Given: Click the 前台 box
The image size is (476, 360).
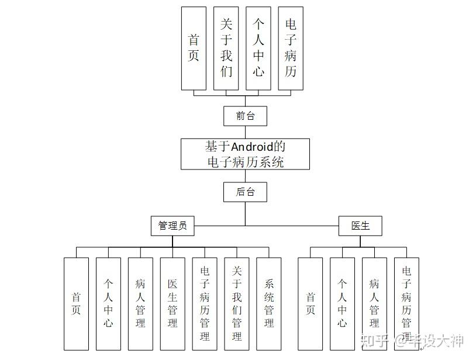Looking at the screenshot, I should pos(245,116).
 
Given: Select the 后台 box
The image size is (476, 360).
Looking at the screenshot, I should pos(245,192).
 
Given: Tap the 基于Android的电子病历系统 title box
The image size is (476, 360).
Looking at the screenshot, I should pos(245,154).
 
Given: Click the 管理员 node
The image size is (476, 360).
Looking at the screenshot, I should pos(173,225).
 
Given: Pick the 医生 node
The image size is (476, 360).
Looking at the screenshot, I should pos(360,225).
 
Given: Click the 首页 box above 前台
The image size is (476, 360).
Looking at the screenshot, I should pos(194,48).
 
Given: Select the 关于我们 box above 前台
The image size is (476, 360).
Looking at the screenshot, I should pos(226,48).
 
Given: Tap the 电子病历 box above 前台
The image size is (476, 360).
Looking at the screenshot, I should pos(291,48).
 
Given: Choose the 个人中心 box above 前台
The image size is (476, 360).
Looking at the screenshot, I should pos(258,48).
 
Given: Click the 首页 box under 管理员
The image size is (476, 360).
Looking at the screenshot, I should pos(76,304).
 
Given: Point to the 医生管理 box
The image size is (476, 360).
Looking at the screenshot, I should pos(173,304).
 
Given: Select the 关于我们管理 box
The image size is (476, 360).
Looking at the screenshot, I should pos(237,304).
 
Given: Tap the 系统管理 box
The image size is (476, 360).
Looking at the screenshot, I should pos(269,304).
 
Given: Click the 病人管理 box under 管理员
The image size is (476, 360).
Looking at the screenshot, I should pos(140,304).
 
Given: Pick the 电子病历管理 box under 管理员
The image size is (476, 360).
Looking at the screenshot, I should pos(205,304).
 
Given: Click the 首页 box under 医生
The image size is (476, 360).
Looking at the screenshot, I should pos(311,304).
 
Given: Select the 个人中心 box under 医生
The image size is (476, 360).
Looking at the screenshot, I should pos(342,304).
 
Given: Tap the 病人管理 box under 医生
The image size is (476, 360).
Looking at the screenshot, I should pos(374,304).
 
